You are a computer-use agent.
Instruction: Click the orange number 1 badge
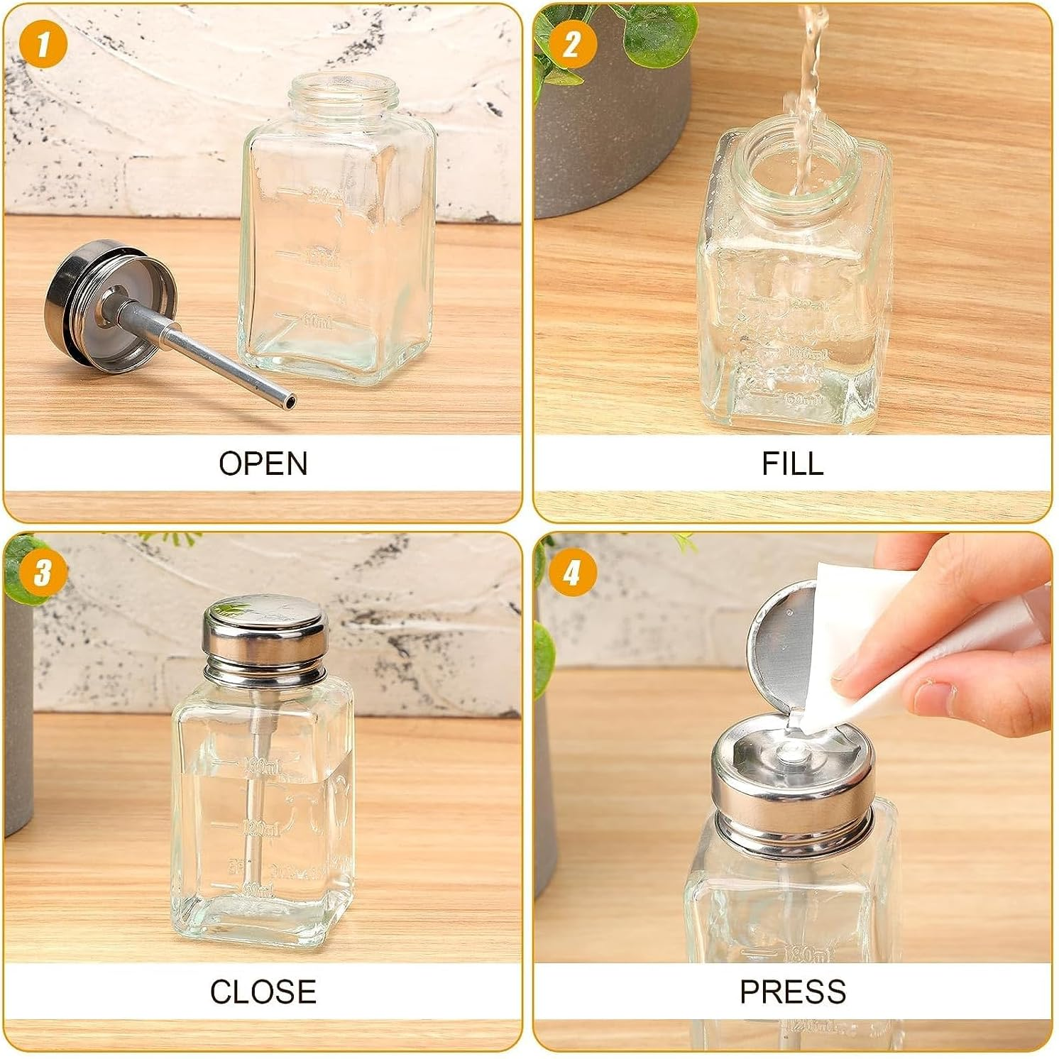click(x=44, y=44)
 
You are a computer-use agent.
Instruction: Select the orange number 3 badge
click(x=43, y=572)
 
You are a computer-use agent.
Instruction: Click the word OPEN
click(x=263, y=463)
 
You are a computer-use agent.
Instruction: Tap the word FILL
click(x=792, y=463)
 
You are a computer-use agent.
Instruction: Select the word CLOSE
click(x=263, y=992)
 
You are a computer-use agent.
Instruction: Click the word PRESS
click(x=792, y=992)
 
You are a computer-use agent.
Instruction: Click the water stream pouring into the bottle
click(x=809, y=78)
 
